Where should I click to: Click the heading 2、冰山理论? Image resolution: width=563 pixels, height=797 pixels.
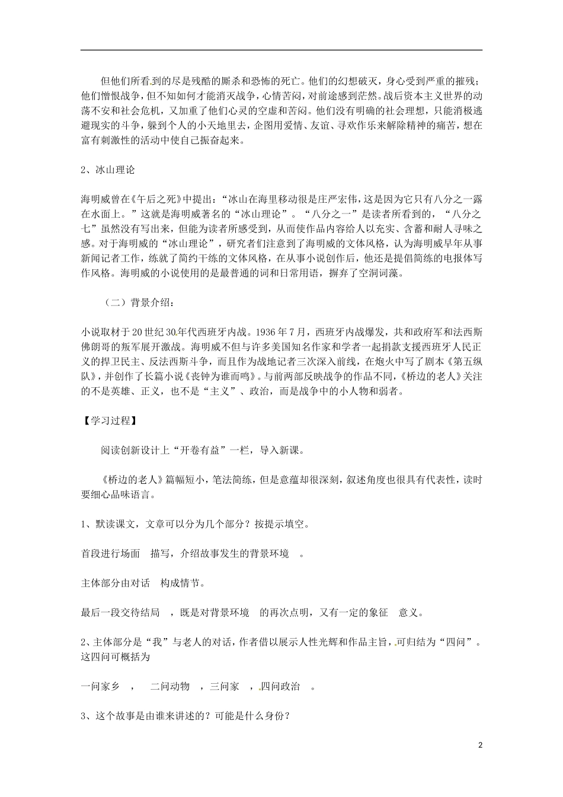[108, 170]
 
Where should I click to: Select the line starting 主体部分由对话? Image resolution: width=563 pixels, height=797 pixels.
[143, 583]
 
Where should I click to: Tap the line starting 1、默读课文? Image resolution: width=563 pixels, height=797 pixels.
[195, 524]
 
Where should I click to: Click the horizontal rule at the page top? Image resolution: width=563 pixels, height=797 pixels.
[281, 50]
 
